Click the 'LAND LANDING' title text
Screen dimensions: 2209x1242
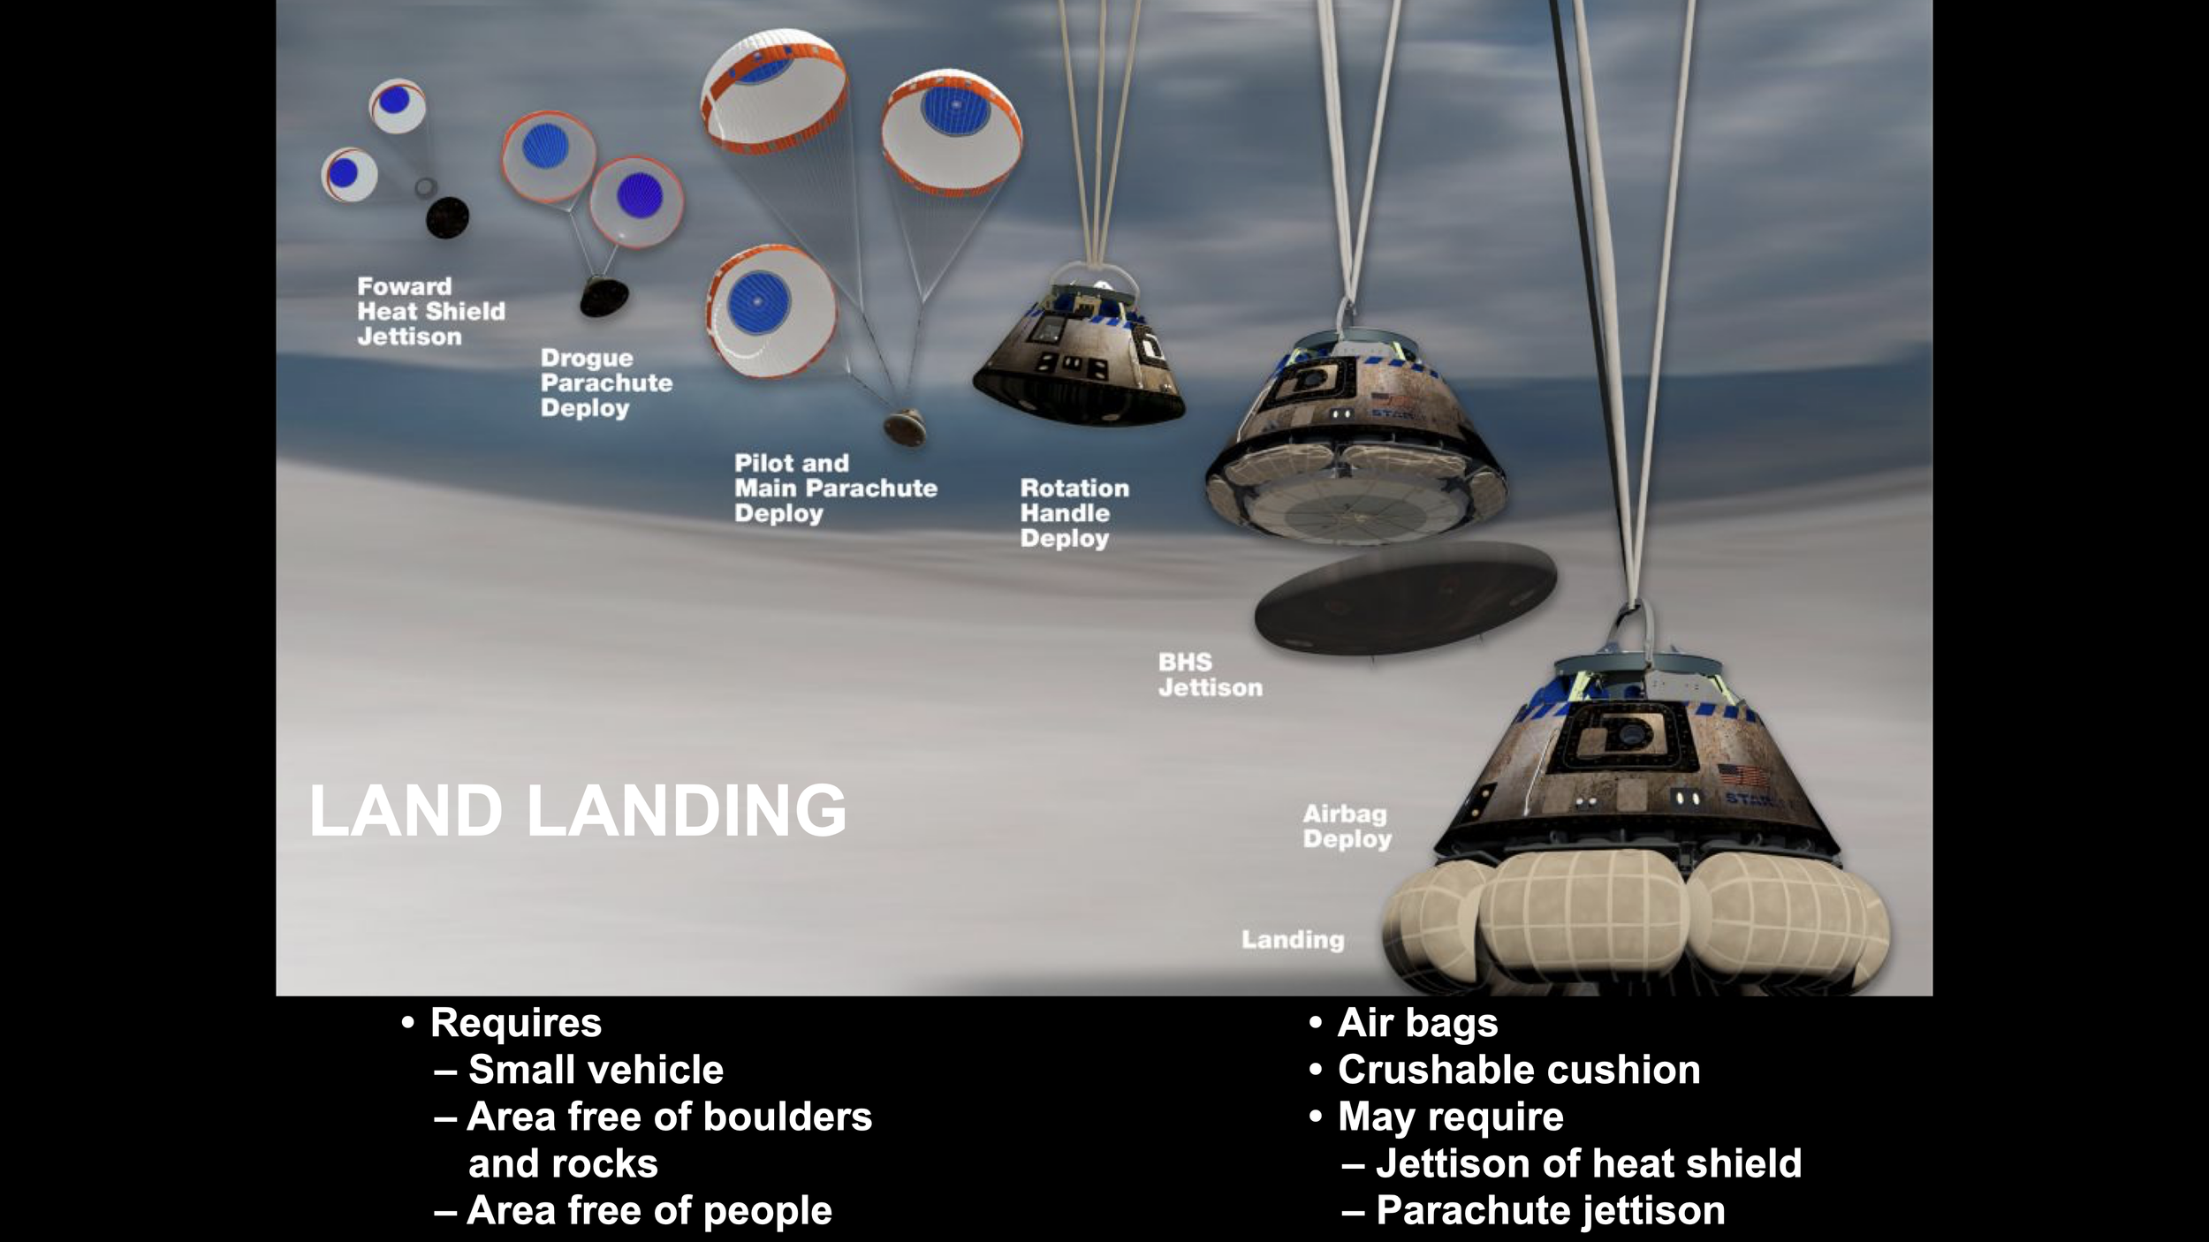click(x=577, y=811)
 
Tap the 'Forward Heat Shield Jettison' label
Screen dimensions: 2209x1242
click(x=430, y=311)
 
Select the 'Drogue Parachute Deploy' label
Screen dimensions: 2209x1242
click(x=606, y=382)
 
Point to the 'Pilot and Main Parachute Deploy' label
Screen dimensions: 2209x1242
click(x=835, y=488)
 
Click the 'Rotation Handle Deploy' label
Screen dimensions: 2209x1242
click(x=1074, y=513)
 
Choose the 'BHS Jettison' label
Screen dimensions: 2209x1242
click(x=1210, y=675)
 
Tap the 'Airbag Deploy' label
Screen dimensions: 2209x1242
click(x=1347, y=826)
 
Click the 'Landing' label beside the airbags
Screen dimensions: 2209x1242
click(x=1292, y=939)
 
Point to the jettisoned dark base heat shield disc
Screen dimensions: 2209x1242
click(x=1405, y=597)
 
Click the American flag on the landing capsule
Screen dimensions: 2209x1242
click(x=1743, y=776)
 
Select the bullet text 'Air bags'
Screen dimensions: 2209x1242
click(x=1417, y=1023)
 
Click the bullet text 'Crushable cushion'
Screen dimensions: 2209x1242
click(x=1518, y=1070)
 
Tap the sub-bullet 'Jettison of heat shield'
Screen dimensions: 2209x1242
click(x=1588, y=1163)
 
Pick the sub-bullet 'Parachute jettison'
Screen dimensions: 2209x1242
click(x=1550, y=1210)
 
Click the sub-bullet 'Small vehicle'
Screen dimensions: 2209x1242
click(x=596, y=1070)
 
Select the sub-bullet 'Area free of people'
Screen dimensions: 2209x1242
click(x=649, y=1210)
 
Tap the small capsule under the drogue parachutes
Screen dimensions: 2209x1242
click(x=604, y=297)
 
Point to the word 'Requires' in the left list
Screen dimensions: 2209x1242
click(x=515, y=1023)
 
